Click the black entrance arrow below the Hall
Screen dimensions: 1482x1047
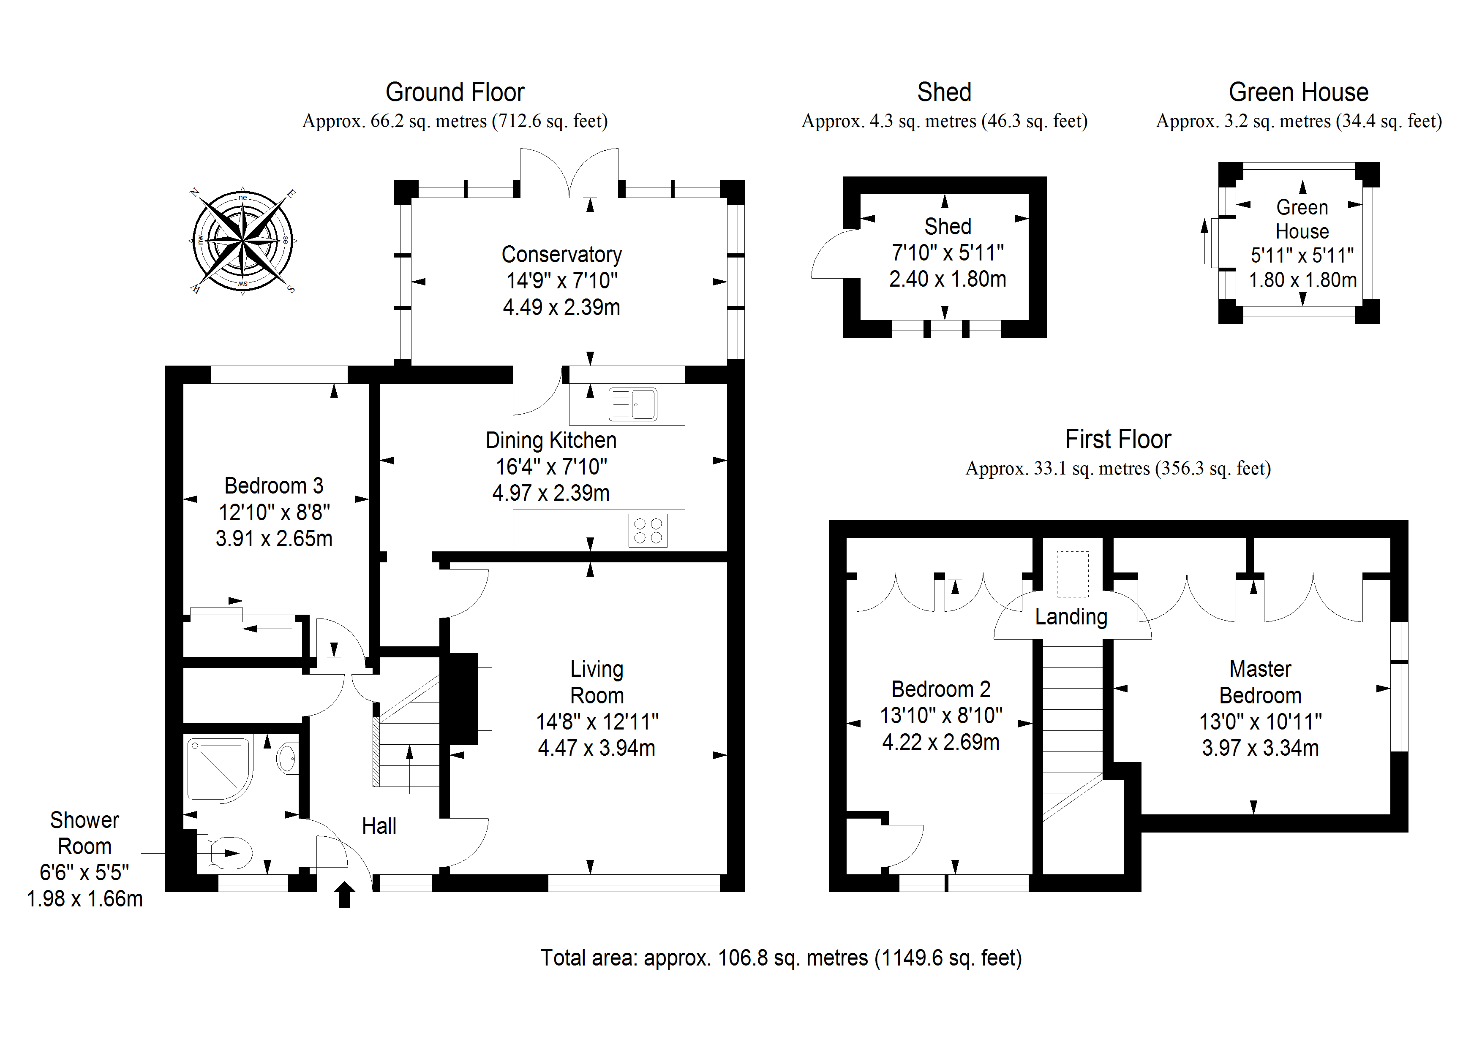point(345,895)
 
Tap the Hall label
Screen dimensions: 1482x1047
point(379,826)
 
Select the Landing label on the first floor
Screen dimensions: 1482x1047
point(1071,617)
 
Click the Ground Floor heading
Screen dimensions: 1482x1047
point(455,92)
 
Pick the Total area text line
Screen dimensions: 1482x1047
point(781,958)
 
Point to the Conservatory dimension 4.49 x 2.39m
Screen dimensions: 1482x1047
point(561,307)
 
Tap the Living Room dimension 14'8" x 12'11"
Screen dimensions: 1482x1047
point(597,721)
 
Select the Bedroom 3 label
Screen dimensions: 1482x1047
point(274,485)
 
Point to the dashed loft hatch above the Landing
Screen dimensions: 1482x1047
point(1072,573)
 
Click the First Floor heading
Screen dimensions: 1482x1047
point(1118,439)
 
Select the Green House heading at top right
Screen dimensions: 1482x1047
point(1298,92)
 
